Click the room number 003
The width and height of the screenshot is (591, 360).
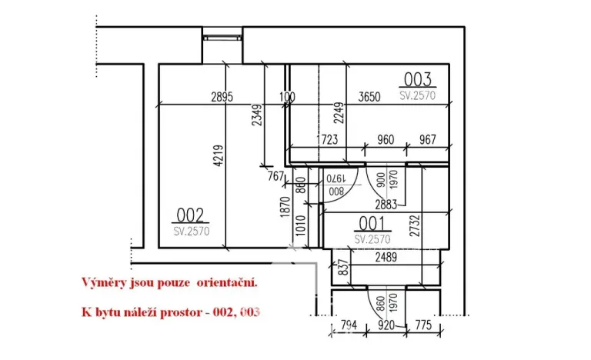[x=418, y=79]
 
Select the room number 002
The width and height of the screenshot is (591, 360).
[x=191, y=215]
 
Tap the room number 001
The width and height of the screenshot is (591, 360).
[x=370, y=224]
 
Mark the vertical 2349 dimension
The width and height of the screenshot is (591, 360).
[x=257, y=116]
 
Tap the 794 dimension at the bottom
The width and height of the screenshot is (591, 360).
[x=349, y=325]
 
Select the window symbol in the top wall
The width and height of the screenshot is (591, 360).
[x=222, y=35]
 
